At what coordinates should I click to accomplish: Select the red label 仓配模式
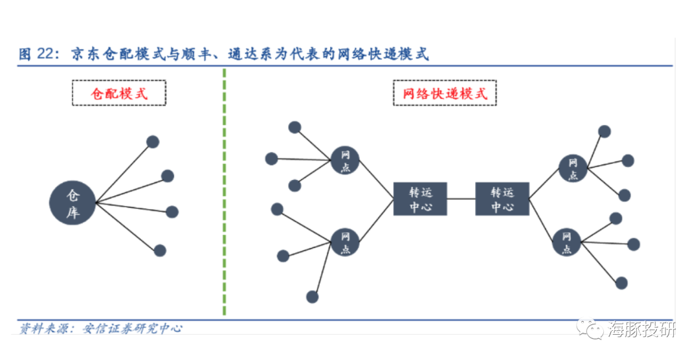tap(119, 93)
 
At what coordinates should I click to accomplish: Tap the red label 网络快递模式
tap(445, 93)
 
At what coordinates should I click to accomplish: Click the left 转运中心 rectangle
tap(420, 199)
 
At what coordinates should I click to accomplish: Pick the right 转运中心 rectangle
tap(502, 199)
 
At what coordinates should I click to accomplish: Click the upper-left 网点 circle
tap(345, 160)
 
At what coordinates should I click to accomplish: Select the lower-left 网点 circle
tap(345, 242)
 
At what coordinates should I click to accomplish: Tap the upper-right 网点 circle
tap(572, 168)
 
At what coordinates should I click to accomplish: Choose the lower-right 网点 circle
tap(567, 242)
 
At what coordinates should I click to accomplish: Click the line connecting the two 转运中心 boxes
tap(461, 199)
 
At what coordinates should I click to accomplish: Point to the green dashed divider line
tap(224, 194)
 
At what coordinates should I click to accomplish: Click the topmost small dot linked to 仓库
tap(153, 142)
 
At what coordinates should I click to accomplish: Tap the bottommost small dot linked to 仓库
tap(160, 251)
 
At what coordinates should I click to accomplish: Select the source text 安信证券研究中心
tap(133, 328)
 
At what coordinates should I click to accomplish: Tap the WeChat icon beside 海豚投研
tap(592, 330)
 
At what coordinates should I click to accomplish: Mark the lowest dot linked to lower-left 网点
tap(313, 297)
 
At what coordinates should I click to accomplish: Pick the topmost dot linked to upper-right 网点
tap(605, 131)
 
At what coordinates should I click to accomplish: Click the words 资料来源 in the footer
tap(42, 328)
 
